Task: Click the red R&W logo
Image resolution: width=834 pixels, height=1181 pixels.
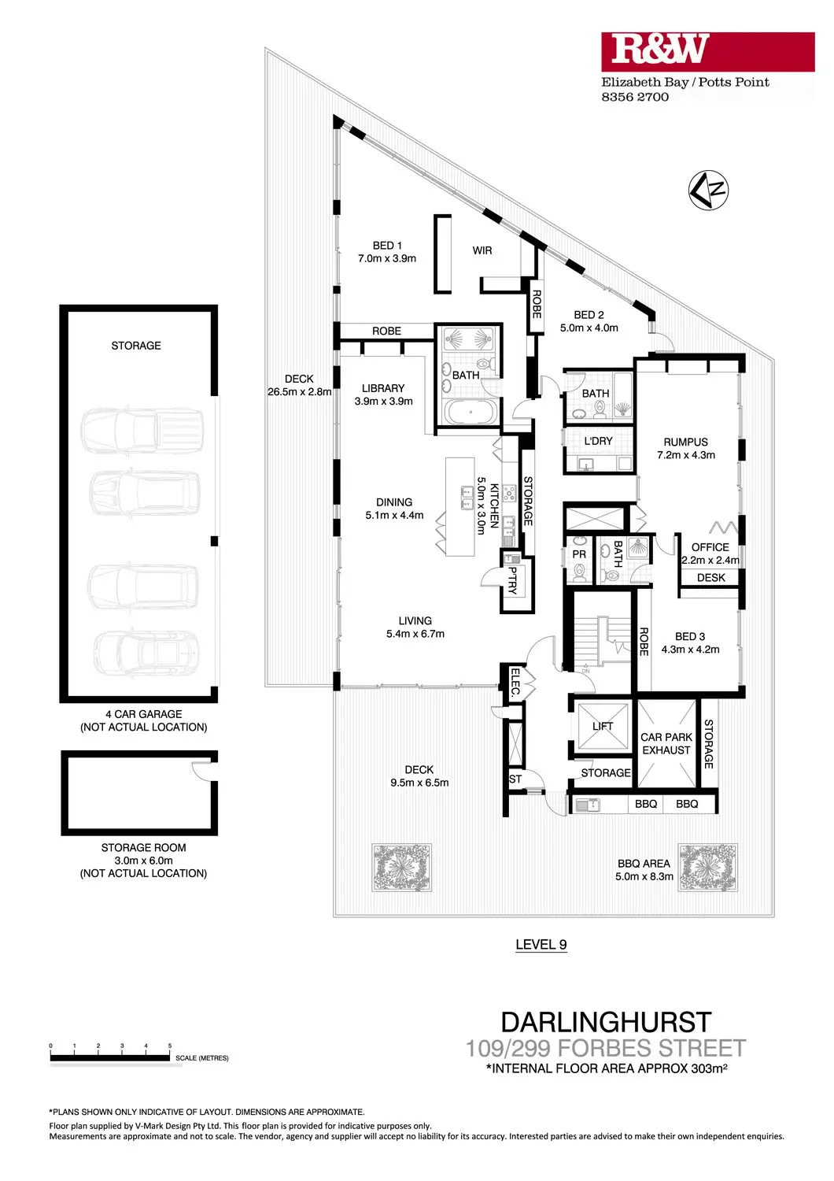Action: [707, 52]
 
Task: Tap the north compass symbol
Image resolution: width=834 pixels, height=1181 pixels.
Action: [708, 190]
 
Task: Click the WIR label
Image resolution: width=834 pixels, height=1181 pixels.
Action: [482, 250]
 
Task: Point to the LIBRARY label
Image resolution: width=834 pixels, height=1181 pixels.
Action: [383, 388]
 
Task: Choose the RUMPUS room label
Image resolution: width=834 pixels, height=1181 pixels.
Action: [685, 442]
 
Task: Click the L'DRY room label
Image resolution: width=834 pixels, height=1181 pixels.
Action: [598, 441]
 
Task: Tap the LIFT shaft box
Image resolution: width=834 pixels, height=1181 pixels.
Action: [603, 726]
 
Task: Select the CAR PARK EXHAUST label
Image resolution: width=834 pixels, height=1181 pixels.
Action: [666, 743]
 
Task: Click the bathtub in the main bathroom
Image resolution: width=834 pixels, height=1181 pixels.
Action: [471, 412]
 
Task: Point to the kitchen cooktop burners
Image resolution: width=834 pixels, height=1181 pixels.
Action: [509, 494]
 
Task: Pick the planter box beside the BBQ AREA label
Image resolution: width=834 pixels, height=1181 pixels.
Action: [707, 868]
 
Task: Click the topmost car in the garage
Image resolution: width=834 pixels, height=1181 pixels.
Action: [142, 430]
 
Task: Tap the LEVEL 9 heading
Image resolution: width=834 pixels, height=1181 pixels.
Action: [541, 944]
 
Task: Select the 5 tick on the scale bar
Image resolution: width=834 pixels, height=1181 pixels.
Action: [170, 1047]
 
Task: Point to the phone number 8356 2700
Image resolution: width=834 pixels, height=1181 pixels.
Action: [635, 97]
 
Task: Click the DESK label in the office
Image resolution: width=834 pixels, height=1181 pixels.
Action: [710, 578]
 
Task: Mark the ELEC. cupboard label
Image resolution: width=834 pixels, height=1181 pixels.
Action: [516, 683]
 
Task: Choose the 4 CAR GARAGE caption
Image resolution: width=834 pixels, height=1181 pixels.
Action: [143, 714]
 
